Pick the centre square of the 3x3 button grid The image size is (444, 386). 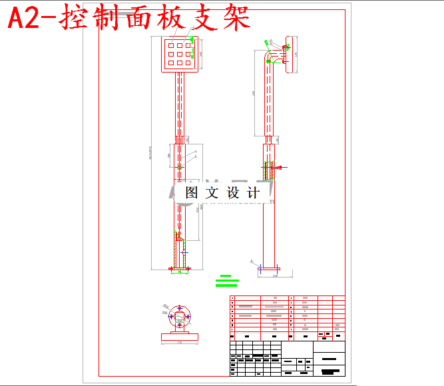pos(180,53)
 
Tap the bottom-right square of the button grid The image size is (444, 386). pos(189,62)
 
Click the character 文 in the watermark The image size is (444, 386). pos(212,193)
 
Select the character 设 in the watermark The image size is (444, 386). pos(232,193)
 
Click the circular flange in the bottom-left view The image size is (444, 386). pos(179,315)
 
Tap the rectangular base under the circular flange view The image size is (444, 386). pos(180,337)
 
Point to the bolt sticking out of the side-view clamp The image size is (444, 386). pos(281,168)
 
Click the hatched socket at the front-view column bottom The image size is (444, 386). pos(179,252)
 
